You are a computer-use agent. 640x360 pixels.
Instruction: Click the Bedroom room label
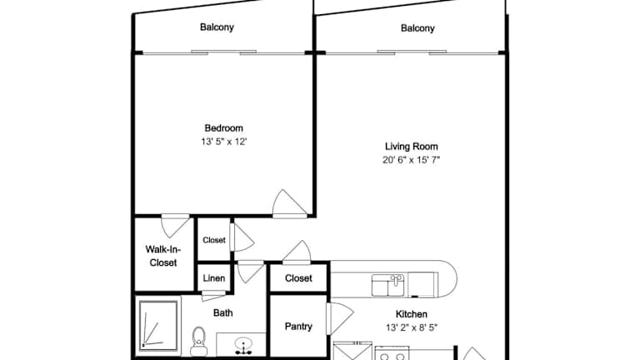pos(223,128)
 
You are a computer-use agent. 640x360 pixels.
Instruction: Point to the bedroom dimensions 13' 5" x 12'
pos(223,142)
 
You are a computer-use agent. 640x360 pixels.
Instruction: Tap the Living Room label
pos(411,147)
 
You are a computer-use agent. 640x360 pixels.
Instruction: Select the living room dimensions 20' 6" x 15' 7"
pos(411,160)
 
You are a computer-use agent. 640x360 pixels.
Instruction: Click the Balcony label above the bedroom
pos(217,27)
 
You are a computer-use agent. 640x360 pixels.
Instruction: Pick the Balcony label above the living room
pos(417,28)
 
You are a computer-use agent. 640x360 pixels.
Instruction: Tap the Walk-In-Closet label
pos(163,256)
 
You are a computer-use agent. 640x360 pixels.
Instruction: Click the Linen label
pos(214,278)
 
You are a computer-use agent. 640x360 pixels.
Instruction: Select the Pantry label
pos(298,327)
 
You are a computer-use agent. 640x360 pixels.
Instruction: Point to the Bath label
pos(222,313)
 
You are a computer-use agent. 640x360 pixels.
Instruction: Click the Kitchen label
pos(412,314)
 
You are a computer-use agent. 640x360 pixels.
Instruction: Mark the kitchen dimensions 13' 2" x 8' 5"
pos(412,327)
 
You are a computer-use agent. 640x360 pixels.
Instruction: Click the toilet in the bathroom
pos(199,342)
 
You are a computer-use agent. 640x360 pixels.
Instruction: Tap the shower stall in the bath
pos(158,325)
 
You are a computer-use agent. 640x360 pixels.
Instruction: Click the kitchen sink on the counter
pos(387,285)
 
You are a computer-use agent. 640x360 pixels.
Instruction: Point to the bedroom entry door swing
pos(289,202)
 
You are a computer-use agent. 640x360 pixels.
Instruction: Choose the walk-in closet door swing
pos(176,226)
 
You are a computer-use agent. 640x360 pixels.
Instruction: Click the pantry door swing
pos(341,318)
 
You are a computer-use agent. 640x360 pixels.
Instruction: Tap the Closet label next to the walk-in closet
pos(214,240)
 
